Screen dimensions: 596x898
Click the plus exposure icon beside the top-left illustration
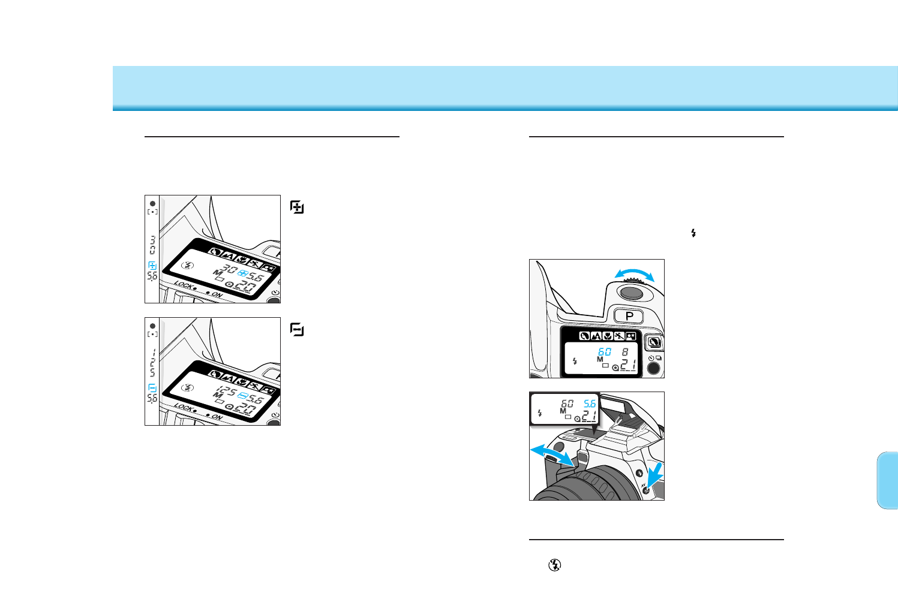[297, 207]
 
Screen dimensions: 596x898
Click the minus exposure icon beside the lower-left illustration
[297, 329]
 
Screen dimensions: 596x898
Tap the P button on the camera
[629, 316]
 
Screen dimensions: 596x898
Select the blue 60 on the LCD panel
[604, 352]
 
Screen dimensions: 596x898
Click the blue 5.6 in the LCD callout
[590, 404]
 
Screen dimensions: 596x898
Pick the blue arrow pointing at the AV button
[654, 476]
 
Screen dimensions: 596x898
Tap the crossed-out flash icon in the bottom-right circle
[555, 564]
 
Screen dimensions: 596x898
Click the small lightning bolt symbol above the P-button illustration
[693, 233]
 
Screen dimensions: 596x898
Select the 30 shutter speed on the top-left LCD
[229, 269]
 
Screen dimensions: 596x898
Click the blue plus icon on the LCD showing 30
[243, 273]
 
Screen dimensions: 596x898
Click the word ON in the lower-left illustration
[217, 417]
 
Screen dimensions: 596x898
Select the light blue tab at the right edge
[887, 480]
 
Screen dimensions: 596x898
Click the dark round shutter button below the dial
[631, 293]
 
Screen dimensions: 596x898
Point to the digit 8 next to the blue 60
[624, 352]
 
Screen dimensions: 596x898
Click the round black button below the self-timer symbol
[653, 368]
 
